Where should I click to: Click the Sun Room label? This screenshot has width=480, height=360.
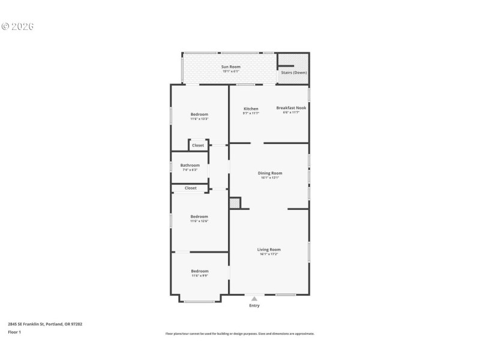[x=231, y=67]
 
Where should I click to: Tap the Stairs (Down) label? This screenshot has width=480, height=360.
[x=293, y=73]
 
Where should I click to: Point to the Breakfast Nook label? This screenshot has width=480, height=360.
[x=291, y=108]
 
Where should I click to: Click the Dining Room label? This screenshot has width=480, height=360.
[x=270, y=173]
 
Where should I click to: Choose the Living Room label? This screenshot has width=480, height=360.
[x=269, y=250]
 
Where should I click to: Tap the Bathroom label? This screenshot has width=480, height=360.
[x=190, y=165]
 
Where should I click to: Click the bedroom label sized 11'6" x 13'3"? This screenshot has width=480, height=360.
[x=199, y=115]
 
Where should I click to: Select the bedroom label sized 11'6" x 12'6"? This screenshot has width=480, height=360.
[x=199, y=217]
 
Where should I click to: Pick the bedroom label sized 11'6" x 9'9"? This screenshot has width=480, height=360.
[x=200, y=271]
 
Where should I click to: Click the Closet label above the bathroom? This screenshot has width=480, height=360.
[x=198, y=145]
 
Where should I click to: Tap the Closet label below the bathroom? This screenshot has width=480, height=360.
[x=190, y=188]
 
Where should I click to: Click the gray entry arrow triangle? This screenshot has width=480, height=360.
[x=254, y=298]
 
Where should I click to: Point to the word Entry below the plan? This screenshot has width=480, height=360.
[x=254, y=306]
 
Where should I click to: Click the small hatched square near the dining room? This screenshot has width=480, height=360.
[x=235, y=203]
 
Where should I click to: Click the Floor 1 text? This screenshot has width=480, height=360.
[x=14, y=332]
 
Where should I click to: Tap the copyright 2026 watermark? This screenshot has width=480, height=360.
[x=17, y=26]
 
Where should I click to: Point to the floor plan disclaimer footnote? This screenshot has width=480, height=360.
[x=240, y=334]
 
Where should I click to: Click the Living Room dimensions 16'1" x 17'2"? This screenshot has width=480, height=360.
[x=269, y=254]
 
